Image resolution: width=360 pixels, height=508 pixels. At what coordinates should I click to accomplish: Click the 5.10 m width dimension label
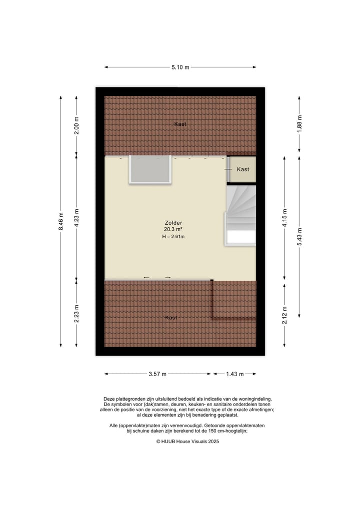180,67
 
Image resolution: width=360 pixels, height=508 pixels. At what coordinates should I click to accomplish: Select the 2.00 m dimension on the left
76,125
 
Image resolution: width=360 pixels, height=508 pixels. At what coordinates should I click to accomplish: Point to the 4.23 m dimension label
76,217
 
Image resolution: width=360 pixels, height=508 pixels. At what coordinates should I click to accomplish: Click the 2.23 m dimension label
76,313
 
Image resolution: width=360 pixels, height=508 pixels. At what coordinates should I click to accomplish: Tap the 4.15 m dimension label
284,218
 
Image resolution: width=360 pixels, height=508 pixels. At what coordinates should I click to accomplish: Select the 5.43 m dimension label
299,236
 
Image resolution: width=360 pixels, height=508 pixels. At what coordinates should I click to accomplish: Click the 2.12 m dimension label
284,315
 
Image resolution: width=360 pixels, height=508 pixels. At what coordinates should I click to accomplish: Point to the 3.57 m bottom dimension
157,374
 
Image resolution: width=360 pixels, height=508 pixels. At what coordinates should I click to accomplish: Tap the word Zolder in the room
173,223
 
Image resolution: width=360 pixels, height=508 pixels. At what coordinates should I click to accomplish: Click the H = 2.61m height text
173,236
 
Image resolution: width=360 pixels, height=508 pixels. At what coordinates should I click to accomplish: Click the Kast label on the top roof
180,124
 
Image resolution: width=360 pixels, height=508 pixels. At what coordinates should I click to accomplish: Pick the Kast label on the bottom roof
171,317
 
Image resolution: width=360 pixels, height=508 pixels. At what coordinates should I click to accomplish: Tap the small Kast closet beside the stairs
242,169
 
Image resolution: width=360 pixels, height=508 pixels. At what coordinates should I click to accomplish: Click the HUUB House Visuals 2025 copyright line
187,441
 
